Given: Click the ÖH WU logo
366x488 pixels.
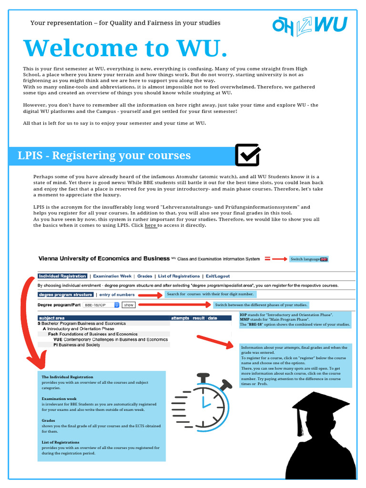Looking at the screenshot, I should pos(309,25).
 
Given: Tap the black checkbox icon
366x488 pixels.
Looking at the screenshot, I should pos(247,155).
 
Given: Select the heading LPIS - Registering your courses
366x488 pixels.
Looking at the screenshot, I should pos(104,155).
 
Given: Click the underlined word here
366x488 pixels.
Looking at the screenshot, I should pos(151,225).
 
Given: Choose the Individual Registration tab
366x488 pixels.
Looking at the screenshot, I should pos(62,276).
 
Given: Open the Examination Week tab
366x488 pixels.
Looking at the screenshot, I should pos(112,276).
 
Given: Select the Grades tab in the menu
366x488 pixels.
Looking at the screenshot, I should pos(145,276).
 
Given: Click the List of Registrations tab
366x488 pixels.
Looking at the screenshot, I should pos(179,276).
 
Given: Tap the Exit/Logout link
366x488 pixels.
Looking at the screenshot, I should pos(217,276).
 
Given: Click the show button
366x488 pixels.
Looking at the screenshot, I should pos(129,305).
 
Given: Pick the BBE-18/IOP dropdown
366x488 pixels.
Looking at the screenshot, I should pos(101,305).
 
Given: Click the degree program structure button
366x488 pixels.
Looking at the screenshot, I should pos(66,295).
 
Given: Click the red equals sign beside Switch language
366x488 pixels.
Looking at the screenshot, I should pos(267,259).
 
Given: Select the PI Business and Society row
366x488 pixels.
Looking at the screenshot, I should pos(77,345).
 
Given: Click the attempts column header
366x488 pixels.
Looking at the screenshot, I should pos(180,318).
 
